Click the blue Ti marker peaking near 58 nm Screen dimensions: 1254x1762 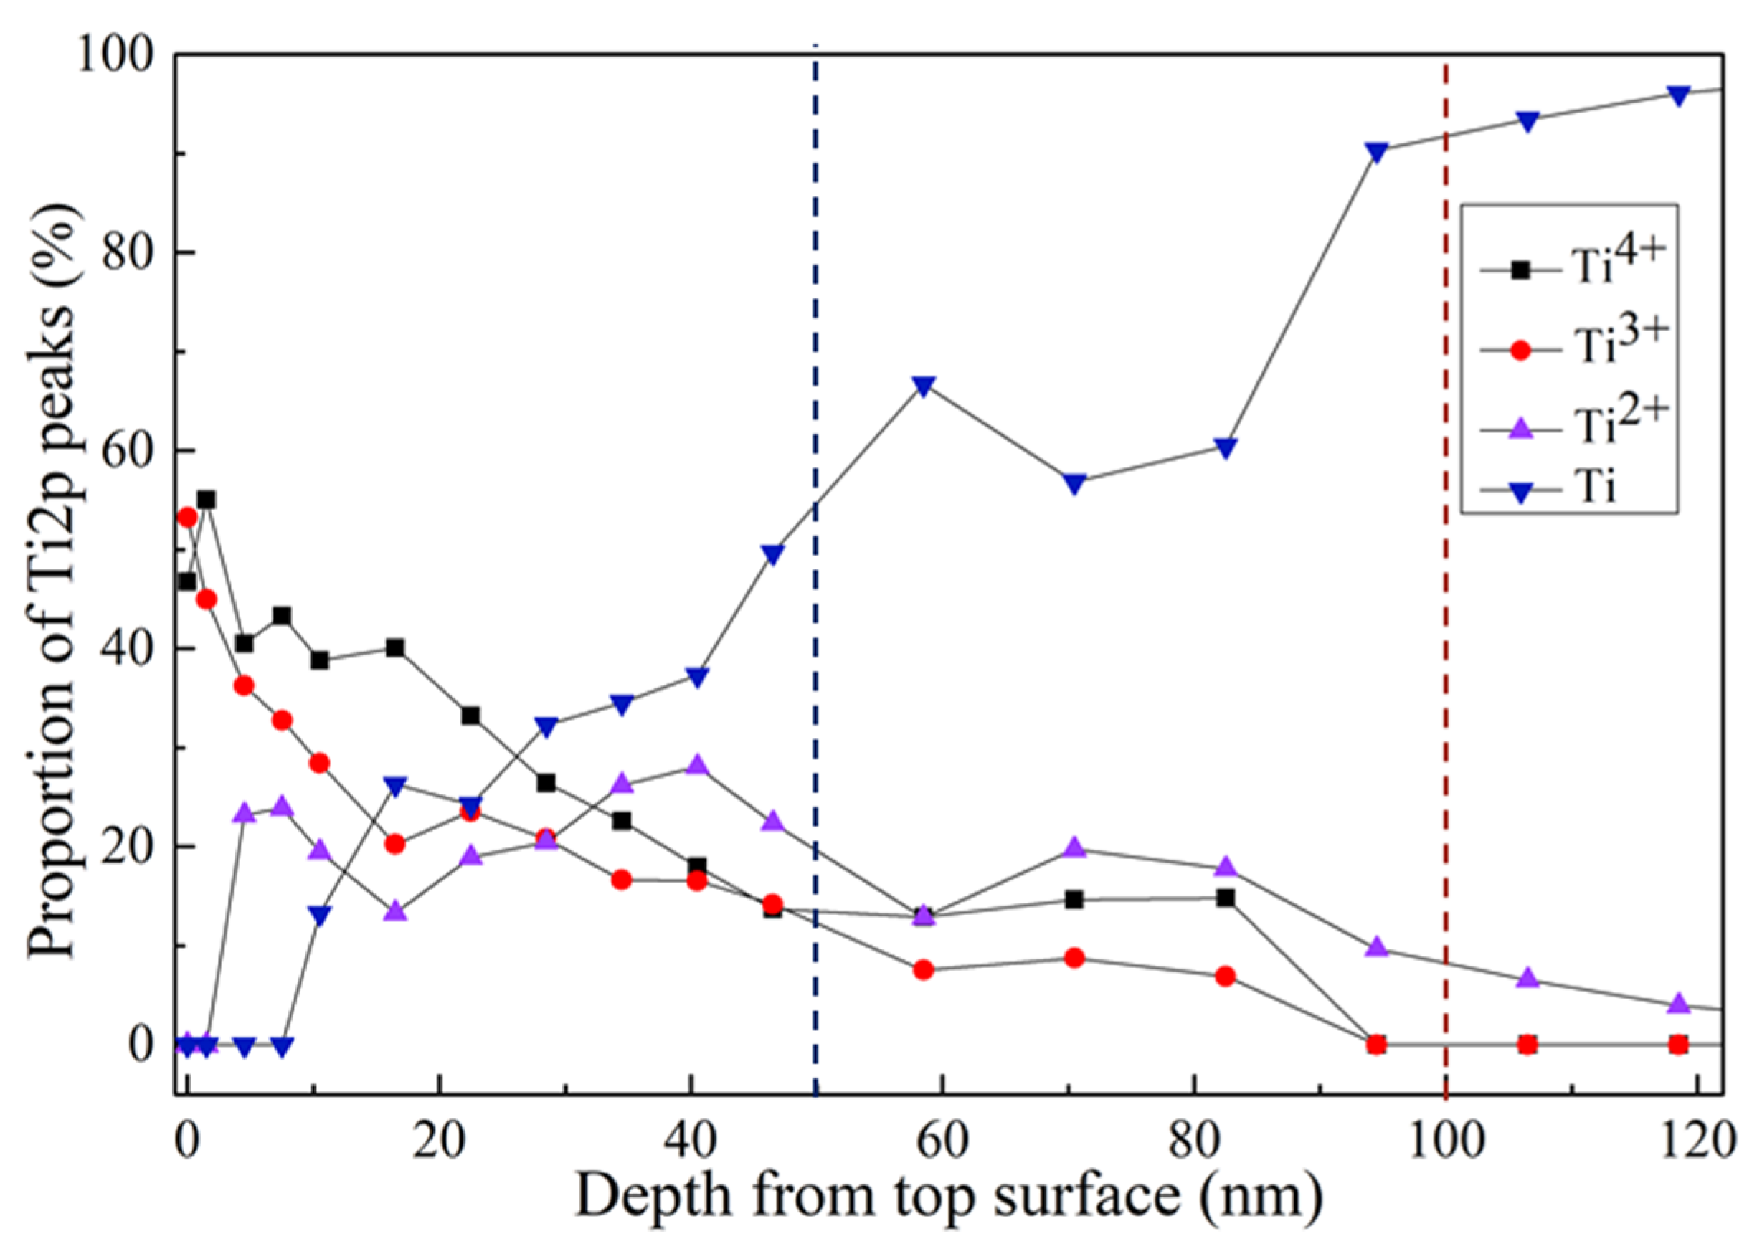click(924, 385)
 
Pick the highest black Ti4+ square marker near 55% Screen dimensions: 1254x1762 click(206, 500)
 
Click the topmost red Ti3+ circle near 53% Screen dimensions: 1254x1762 click(187, 518)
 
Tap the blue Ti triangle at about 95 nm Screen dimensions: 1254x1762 click(1376, 151)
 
